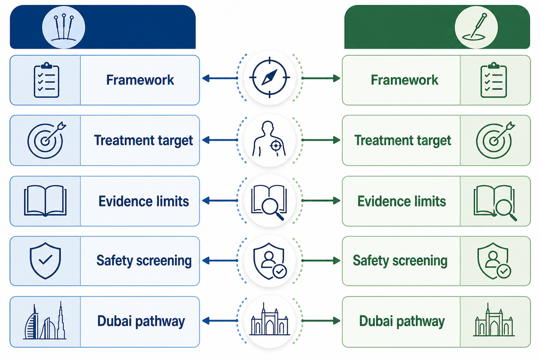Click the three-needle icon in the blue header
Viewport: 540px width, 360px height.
click(63, 27)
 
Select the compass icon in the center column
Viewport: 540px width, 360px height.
click(270, 78)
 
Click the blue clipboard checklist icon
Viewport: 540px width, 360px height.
click(46, 80)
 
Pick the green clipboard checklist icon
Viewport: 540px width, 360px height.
click(494, 80)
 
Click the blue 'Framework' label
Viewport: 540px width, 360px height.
click(140, 80)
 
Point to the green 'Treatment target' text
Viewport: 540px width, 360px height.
click(403, 140)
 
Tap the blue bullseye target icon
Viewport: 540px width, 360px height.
click(46, 140)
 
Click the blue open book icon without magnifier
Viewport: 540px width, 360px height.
click(45, 201)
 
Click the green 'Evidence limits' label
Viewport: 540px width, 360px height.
click(401, 201)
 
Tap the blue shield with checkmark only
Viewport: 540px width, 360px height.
click(45, 261)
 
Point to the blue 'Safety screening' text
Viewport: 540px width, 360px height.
click(144, 261)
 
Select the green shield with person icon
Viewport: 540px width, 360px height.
click(494, 261)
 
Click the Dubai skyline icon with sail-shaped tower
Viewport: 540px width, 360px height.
click(45, 320)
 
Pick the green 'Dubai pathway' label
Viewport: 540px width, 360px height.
click(402, 322)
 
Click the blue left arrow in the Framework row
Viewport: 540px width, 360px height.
click(220, 78)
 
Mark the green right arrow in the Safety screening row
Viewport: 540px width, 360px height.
click(321, 261)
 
